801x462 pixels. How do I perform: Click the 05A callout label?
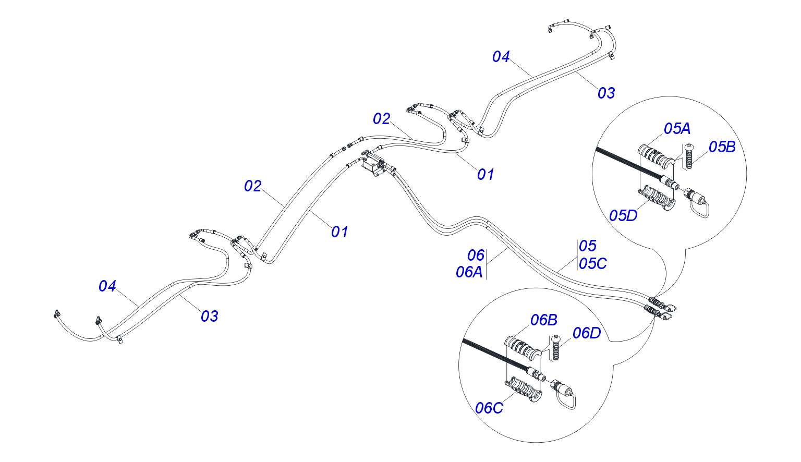(x=677, y=129)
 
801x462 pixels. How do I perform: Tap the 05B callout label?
(x=722, y=147)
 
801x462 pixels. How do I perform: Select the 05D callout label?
(x=623, y=216)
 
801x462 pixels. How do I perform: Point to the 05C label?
(x=593, y=264)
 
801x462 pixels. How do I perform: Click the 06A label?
(x=469, y=273)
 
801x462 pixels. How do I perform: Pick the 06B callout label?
(x=543, y=320)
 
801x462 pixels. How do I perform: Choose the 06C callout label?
(x=489, y=408)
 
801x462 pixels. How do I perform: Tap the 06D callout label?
(x=587, y=333)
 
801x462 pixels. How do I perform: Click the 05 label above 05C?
(x=588, y=246)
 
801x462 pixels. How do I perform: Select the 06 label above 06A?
(x=476, y=256)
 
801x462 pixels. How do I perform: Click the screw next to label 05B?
(x=689, y=155)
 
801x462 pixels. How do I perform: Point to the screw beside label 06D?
(x=555, y=348)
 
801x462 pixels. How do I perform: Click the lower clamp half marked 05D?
(x=657, y=198)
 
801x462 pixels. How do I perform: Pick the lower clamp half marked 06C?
(x=523, y=388)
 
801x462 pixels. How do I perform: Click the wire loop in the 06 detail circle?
(x=566, y=400)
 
